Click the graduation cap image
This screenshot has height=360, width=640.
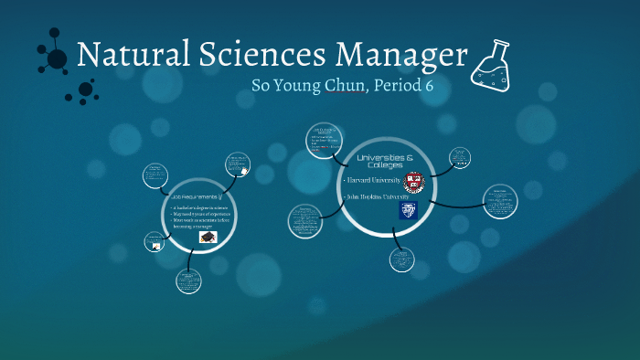(208, 237)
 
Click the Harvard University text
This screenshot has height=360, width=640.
(368, 179)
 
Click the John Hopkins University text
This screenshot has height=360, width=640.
(375, 196)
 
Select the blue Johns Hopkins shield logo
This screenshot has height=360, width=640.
(408, 211)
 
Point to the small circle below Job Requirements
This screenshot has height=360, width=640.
(189, 280)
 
